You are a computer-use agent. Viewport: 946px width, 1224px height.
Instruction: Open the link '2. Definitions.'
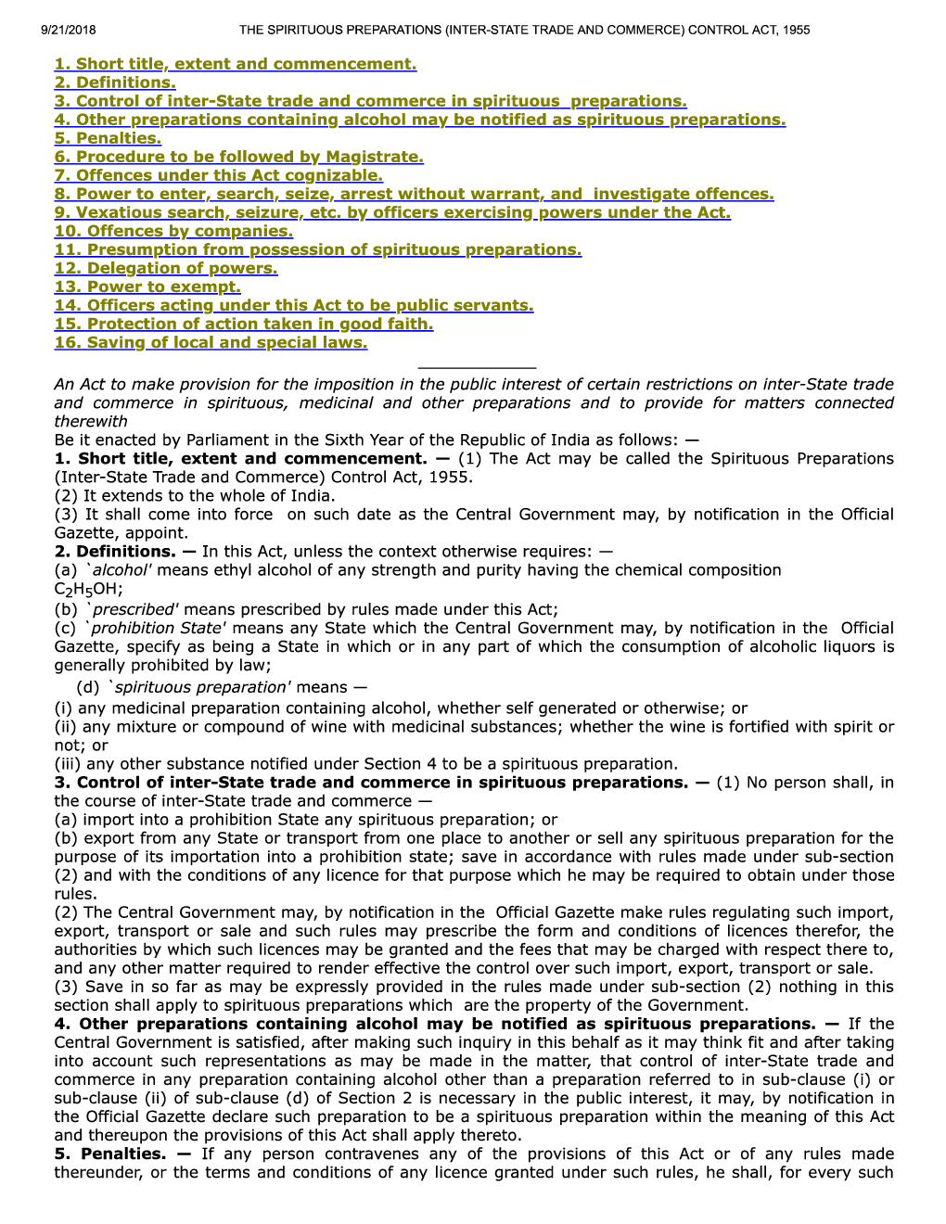pos(115,83)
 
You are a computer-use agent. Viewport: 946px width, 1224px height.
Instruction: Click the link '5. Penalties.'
pos(108,138)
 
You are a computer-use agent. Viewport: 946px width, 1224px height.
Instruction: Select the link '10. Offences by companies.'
pos(173,231)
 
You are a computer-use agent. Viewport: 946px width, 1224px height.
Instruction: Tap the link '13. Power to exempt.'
pos(147,287)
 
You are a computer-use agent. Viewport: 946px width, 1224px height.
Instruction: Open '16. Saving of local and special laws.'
pos(211,342)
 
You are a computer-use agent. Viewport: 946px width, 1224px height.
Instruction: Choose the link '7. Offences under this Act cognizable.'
pos(218,175)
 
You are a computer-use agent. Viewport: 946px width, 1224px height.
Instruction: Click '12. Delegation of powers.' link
pos(166,268)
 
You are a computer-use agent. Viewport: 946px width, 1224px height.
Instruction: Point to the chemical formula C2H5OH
pos(88,589)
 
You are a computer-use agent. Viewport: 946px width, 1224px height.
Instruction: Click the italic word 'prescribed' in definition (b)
pos(134,609)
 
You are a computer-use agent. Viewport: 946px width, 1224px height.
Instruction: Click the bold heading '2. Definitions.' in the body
pos(115,551)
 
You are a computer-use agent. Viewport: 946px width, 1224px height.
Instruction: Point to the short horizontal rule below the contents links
pos(477,368)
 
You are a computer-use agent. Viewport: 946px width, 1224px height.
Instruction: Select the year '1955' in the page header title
pos(796,30)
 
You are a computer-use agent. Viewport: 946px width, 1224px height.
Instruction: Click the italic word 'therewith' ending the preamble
pos(91,421)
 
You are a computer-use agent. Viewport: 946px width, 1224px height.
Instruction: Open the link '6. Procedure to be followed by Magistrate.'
pos(238,157)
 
